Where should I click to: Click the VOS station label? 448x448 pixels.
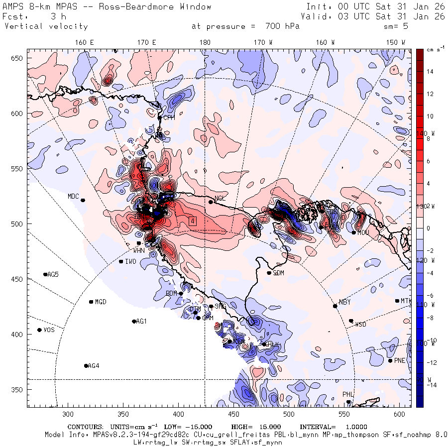[x=49, y=330]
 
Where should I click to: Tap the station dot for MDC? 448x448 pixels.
[x=83, y=200]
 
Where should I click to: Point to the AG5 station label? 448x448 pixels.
[x=53, y=274]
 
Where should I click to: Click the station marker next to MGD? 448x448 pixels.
[x=91, y=302]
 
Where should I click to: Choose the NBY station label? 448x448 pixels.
[x=344, y=302]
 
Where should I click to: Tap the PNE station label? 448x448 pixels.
[x=400, y=360]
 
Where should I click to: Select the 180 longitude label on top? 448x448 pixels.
[x=205, y=43]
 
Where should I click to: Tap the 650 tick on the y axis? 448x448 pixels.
[x=18, y=58]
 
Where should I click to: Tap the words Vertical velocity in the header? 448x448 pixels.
[x=46, y=26]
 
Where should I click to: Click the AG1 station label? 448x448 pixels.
[x=141, y=321]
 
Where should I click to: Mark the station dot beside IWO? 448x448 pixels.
[x=121, y=261]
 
